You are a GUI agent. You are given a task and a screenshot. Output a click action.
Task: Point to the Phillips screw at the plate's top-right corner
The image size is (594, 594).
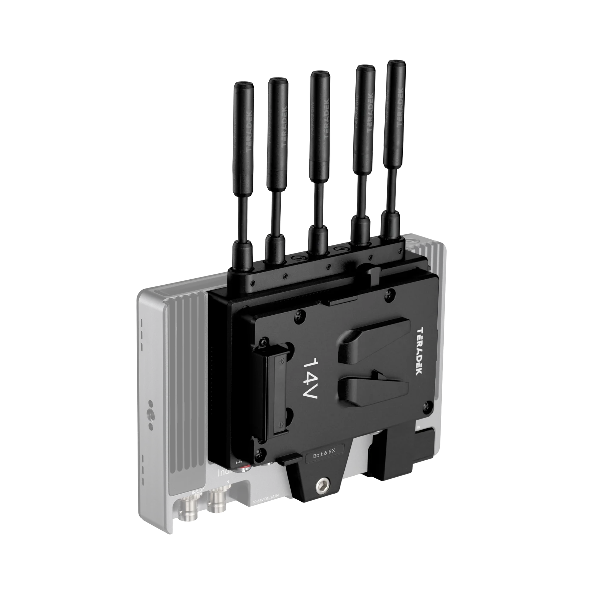coord(390,293)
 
